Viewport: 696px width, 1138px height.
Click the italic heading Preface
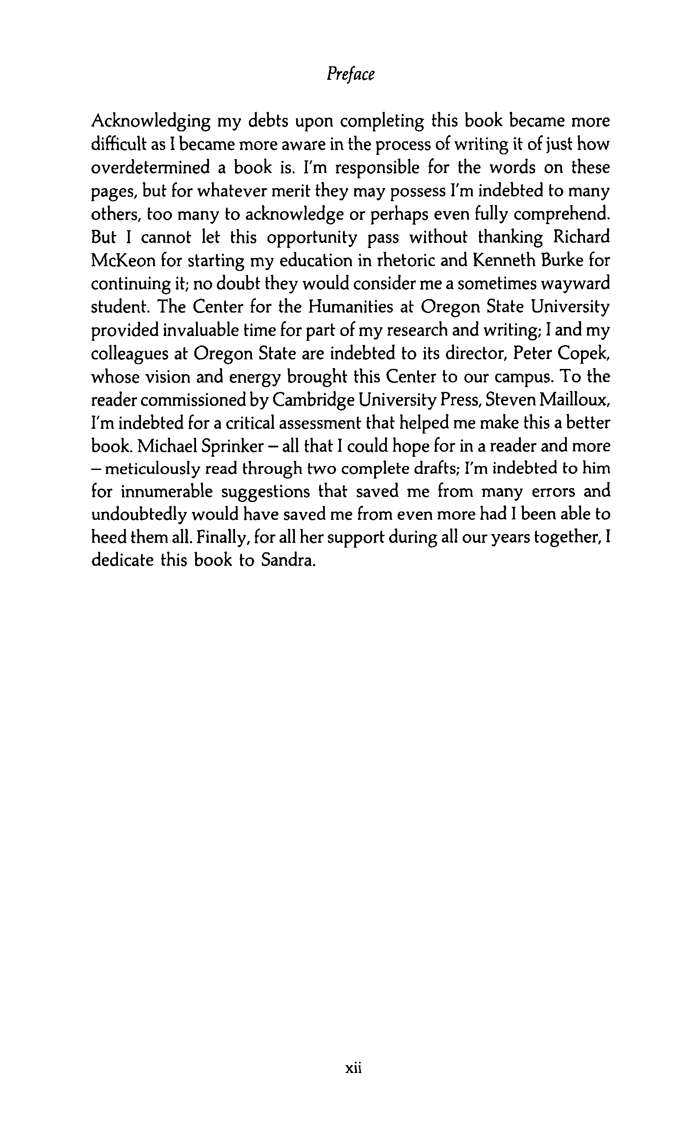350,74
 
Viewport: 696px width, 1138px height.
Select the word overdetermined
150,167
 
